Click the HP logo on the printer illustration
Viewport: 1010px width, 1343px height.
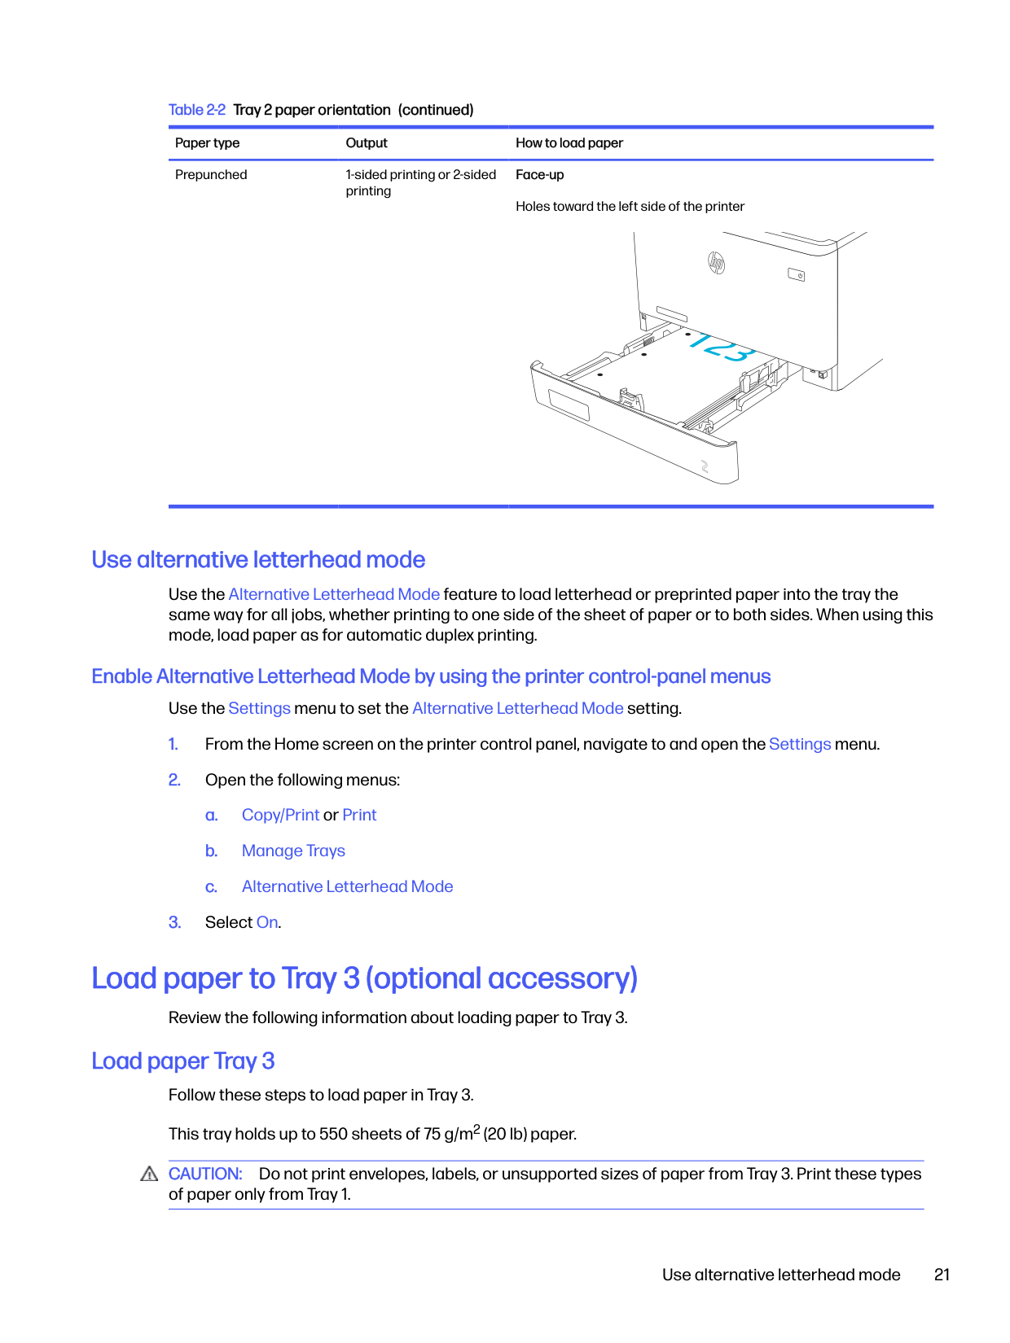[716, 262]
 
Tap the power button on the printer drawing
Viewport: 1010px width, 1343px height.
[796, 275]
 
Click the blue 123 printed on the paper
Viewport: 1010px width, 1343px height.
[720, 347]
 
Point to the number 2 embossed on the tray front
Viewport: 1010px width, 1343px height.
[705, 466]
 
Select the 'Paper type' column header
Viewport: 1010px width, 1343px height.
[207, 143]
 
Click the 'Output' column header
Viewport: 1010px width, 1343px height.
[366, 142]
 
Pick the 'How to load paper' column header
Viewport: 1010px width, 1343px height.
[569, 143]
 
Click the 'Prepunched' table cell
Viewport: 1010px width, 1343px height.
[211, 174]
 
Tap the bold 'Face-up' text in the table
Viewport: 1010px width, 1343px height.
[539, 175]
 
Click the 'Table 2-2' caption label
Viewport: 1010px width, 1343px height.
[196, 110]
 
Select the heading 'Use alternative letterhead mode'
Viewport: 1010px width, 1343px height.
[257, 560]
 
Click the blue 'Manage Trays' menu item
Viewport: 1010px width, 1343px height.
[293, 851]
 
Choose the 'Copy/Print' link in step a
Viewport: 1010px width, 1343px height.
[280, 815]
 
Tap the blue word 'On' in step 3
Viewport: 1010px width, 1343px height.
[267, 922]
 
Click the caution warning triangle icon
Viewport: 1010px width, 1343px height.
[149, 1174]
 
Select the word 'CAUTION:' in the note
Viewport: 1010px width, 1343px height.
[205, 1174]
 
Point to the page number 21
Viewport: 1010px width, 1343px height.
[942, 1275]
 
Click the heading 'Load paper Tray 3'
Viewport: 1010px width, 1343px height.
[183, 1061]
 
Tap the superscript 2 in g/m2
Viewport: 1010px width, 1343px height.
[476, 1126]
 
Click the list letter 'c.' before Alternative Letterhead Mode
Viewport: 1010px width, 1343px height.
[211, 887]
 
